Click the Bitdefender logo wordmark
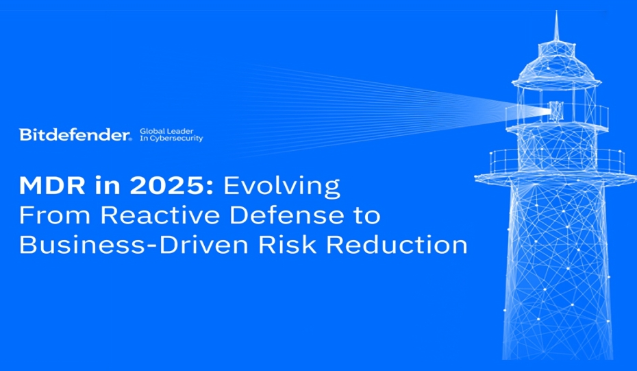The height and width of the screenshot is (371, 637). [x=75, y=134]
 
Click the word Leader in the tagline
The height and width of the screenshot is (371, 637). [x=179, y=131]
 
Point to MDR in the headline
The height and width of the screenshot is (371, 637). [x=52, y=185]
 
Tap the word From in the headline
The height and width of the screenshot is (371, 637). [x=54, y=215]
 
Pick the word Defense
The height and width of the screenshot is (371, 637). [x=286, y=215]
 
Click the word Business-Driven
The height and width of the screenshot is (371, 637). [x=134, y=245]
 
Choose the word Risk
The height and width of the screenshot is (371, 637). [x=287, y=245]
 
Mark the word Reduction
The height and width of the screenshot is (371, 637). [x=397, y=245]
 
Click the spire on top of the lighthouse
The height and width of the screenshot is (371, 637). [x=556, y=26]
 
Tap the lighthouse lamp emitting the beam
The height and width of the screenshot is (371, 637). [x=555, y=110]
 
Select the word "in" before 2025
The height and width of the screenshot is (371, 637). [x=108, y=185]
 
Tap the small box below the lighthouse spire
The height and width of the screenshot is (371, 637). [x=557, y=49]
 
